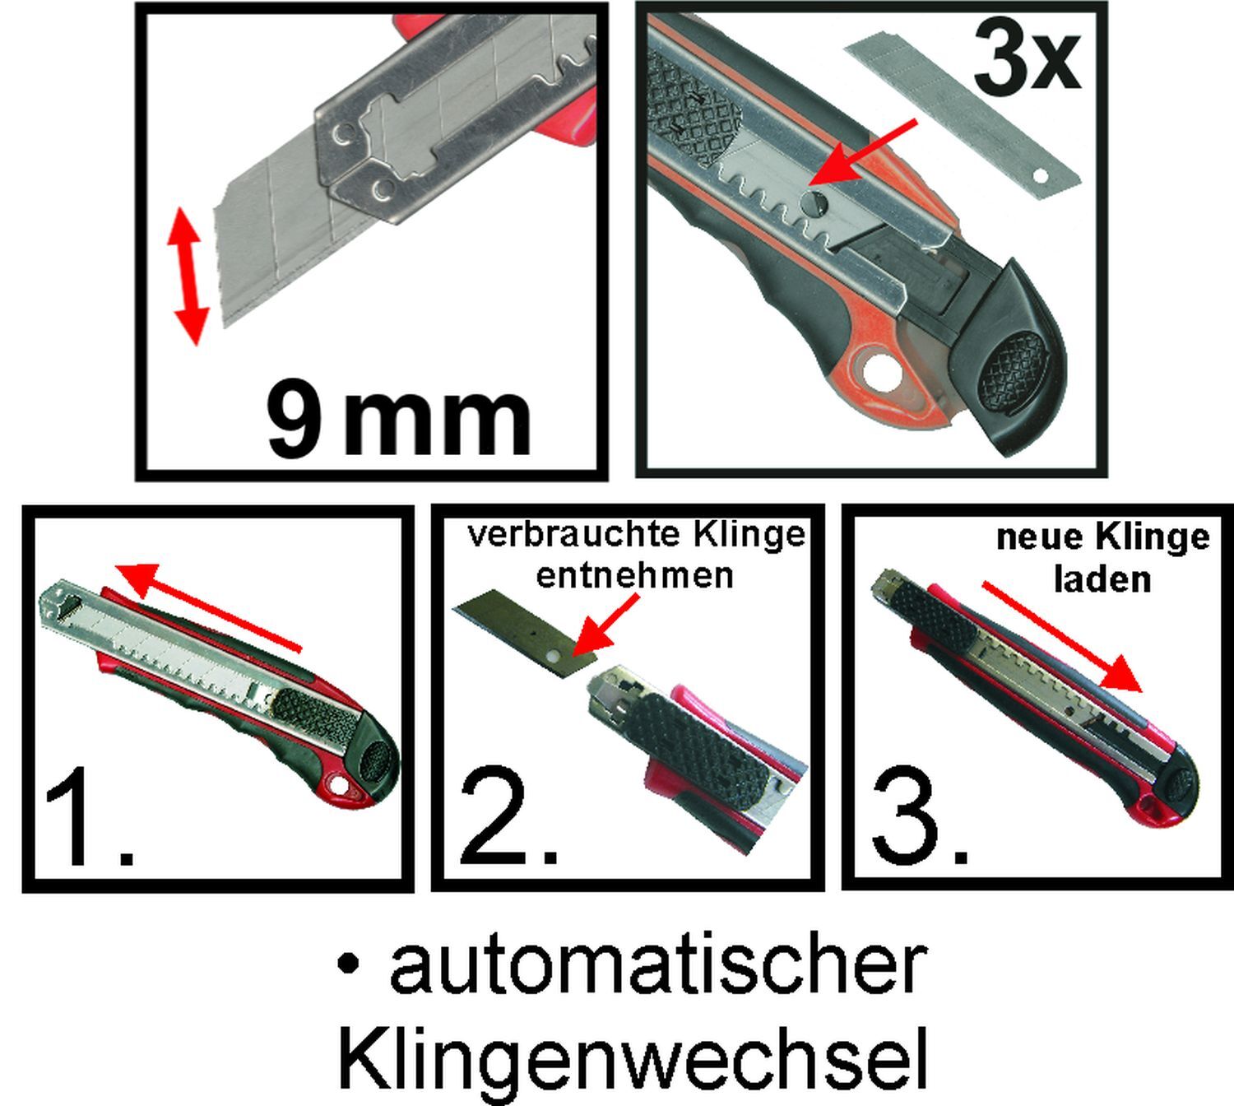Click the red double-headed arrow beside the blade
pos(188,276)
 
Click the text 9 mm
pos(400,419)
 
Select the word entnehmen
pos(634,574)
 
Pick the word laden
pos(1102,579)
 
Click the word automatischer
pos(658,965)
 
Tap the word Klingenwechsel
pos(633,1057)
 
